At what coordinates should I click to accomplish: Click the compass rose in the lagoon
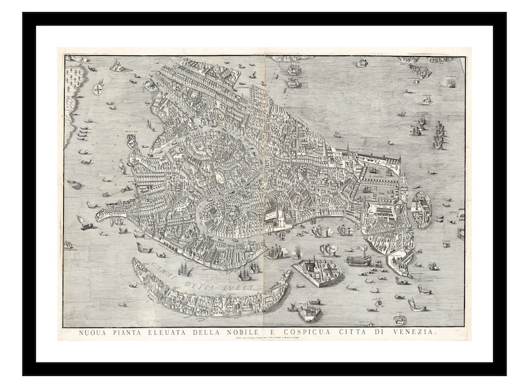99,87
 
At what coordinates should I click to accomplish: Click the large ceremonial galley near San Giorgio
358,259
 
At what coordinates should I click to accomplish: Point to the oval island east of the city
422,209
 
